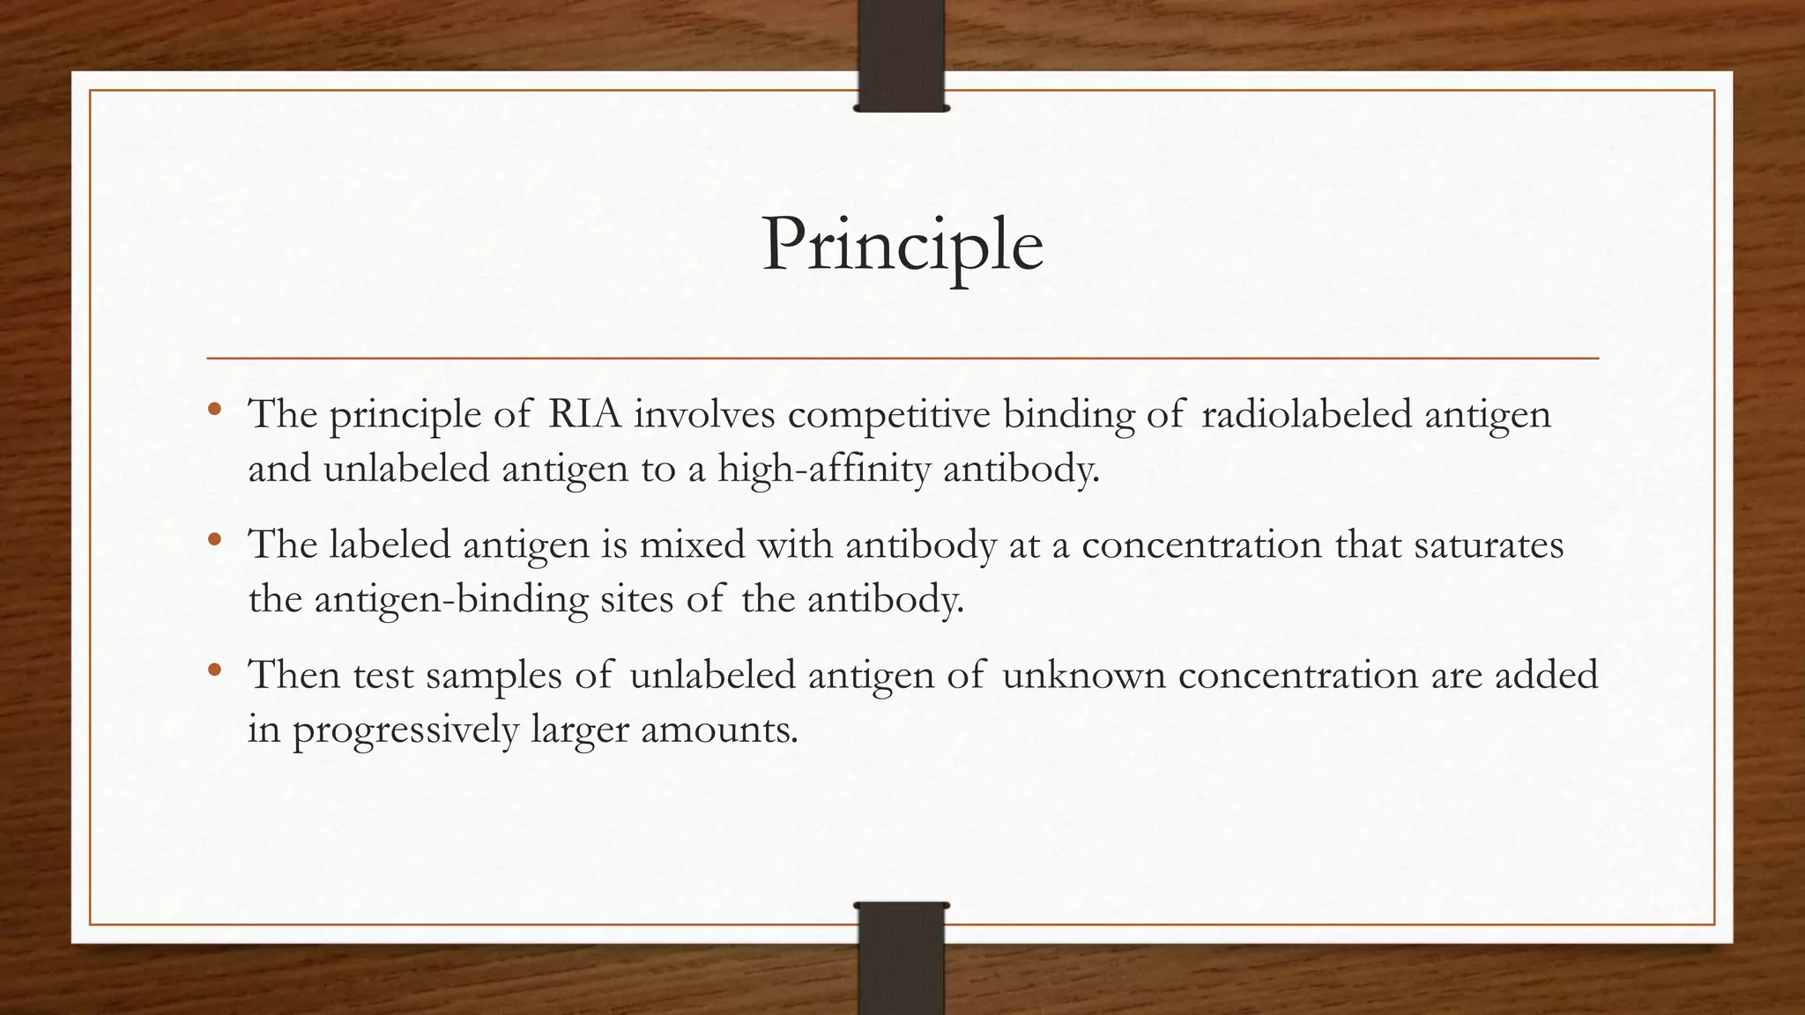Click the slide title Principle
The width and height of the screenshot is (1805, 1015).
(x=902, y=245)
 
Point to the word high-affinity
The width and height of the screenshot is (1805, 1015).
(x=823, y=469)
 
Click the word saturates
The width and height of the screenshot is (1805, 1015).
(x=1489, y=545)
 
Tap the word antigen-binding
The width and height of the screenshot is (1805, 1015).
(x=450, y=600)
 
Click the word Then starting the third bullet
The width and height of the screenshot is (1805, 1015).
(x=293, y=675)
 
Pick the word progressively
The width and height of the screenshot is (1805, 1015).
(x=405, y=730)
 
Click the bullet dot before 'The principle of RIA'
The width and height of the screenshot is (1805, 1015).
(x=214, y=410)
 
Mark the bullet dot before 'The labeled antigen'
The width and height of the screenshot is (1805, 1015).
(x=214, y=540)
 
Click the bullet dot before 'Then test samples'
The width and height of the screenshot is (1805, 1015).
(x=214, y=670)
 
